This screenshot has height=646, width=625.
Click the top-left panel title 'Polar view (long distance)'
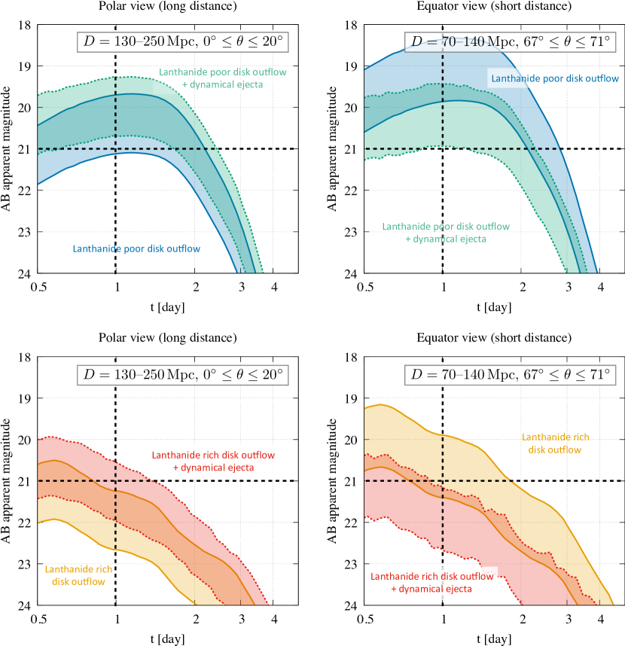167,7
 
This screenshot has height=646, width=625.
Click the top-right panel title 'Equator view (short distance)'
493,7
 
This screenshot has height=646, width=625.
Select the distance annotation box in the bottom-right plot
510,373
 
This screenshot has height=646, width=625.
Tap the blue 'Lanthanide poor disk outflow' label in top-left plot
136,249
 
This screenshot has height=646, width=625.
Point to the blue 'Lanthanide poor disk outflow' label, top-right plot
554,78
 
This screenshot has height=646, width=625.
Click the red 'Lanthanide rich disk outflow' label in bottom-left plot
213,456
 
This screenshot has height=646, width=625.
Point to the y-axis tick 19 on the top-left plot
25,66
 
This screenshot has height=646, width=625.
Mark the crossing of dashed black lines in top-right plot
443,148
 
